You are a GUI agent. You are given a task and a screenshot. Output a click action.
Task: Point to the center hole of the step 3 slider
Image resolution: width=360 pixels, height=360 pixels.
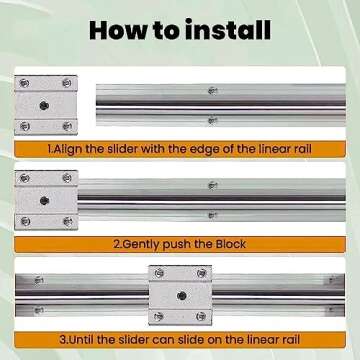click(x=179, y=294)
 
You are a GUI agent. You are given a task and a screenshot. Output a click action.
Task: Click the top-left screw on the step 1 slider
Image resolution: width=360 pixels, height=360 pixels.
click(x=25, y=82)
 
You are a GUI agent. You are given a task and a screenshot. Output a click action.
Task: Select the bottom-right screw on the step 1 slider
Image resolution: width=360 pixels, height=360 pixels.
click(x=67, y=125)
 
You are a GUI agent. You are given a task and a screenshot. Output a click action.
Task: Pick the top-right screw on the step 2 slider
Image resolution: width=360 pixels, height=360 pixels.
click(x=67, y=178)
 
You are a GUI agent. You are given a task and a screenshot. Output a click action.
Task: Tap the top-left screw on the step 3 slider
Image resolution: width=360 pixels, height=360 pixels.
click(x=159, y=274)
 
